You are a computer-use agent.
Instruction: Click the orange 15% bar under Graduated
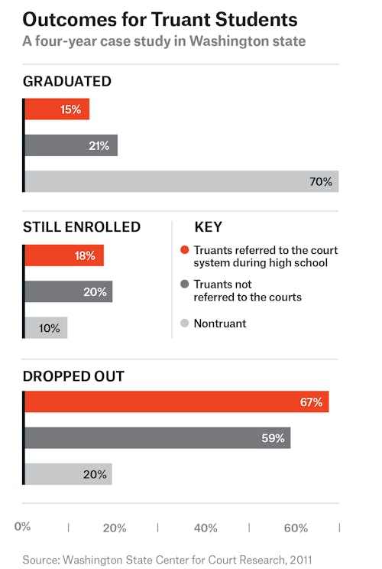coord(57,109)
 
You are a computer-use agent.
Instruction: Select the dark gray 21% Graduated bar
coord(71,145)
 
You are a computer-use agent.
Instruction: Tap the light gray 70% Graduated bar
coord(182,181)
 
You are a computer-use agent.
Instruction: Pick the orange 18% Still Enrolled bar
coord(64,255)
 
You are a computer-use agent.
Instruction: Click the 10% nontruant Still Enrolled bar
coord(46,327)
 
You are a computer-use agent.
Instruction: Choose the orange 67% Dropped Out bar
coord(176,402)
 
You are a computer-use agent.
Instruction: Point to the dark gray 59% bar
coord(157,437)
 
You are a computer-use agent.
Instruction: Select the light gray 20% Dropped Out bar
coord(68,474)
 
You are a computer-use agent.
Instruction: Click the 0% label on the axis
coord(22,526)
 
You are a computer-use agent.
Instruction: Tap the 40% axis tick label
coord(206,528)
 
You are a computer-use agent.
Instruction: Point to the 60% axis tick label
coord(296,528)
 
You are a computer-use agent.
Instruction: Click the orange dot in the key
coord(184,249)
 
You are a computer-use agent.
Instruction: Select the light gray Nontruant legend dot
coord(184,323)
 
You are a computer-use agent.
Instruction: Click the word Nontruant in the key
coord(220,323)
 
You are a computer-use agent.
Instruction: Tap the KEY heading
coord(209,227)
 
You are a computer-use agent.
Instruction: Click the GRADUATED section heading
coord(67,81)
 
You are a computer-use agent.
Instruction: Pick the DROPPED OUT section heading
coord(73,376)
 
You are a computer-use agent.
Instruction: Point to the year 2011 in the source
coord(300,559)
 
